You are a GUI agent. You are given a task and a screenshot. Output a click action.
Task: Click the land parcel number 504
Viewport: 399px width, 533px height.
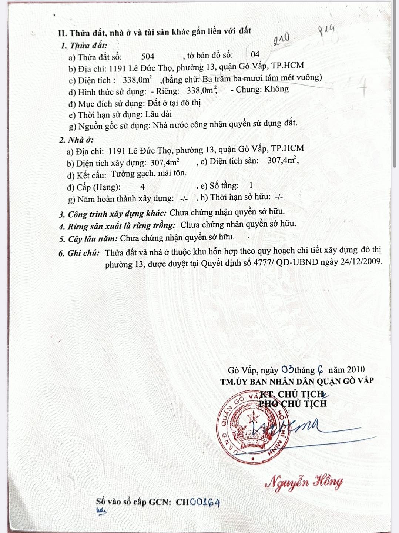(148, 57)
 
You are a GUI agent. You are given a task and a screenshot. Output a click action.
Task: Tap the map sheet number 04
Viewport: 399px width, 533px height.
(255, 55)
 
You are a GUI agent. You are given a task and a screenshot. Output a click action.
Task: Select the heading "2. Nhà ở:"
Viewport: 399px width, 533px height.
(76, 140)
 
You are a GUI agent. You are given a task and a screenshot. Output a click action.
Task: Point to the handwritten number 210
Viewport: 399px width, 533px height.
(281, 38)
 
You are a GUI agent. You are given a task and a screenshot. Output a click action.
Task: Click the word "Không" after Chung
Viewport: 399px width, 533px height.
(276, 89)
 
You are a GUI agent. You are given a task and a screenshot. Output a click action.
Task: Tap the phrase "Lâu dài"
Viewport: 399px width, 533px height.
(158, 114)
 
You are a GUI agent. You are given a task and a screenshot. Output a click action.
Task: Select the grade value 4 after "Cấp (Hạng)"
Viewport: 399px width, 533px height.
(143, 187)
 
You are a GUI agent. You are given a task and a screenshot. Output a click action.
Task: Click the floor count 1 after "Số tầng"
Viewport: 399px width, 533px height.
(251, 185)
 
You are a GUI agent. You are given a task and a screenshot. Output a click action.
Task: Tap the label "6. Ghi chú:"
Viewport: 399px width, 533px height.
(79, 254)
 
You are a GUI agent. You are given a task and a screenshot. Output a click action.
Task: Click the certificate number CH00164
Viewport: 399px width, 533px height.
(198, 502)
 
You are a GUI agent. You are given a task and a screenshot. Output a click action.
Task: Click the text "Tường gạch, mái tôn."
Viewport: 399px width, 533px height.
(149, 173)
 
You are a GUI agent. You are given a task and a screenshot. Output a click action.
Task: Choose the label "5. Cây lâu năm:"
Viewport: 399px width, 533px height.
(88, 239)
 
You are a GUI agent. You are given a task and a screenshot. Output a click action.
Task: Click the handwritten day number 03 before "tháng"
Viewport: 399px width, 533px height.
(288, 369)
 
